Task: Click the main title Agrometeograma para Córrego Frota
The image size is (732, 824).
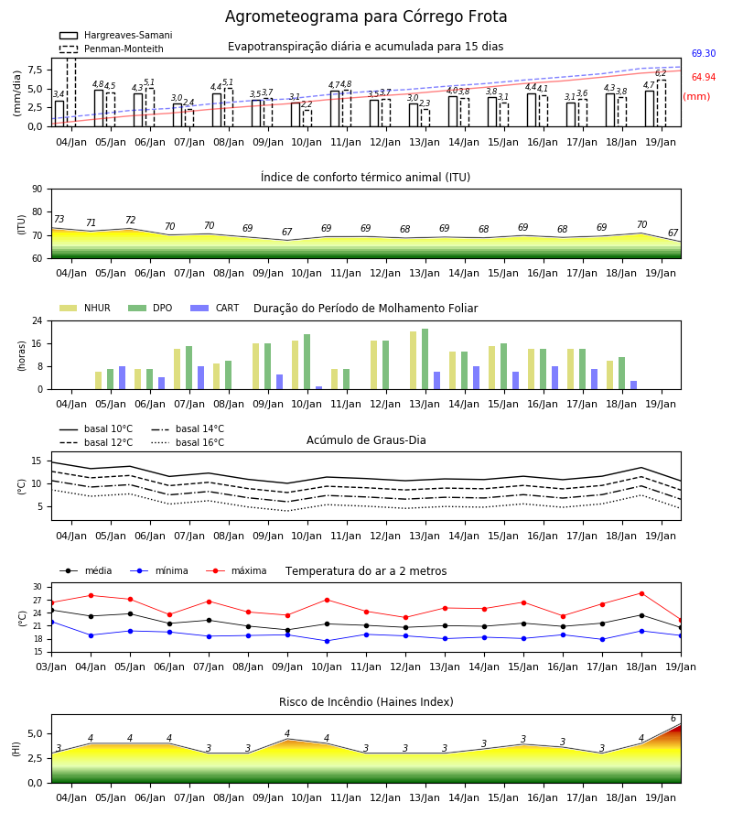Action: pyautogui.click(x=366, y=16)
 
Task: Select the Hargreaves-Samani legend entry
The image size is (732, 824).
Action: pyautogui.click(x=116, y=35)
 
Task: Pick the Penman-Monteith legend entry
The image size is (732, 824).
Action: pyautogui.click(x=112, y=49)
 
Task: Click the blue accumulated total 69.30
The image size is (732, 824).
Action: pyautogui.click(x=704, y=53)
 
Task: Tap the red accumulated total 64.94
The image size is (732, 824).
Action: pyautogui.click(x=704, y=77)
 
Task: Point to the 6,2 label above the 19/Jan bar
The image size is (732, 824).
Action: pyautogui.click(x=661, y=73)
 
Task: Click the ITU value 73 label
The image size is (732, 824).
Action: pyautogui.click(x=59, y=219)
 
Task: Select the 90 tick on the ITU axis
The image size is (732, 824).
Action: pyautogui.click(x=38, y=190)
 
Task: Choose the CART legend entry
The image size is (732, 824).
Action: pyautogui.click(x=215, y=308)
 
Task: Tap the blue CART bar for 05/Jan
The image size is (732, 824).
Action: pyautogui.click(x=123, y=378)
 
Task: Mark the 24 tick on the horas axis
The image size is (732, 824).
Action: pyautogui.click(x=38, y=320)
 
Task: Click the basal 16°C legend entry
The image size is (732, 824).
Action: pyautogui.click(x=188, y=442)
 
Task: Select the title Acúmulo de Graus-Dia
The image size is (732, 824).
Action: pyautogui.click(x=366, y=439)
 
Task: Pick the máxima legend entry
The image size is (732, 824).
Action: pyautogui.click(x=236, y=570)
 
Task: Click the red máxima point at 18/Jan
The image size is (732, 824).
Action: pyautogui.click(x=641, y=593)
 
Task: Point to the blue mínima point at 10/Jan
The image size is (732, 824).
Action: pyautogui.click(x=328, y=641)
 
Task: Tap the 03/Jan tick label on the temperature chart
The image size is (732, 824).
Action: pyautogui.click(x=51, y=667)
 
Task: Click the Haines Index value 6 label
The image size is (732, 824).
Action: pyautogui.click(x=673, y=719)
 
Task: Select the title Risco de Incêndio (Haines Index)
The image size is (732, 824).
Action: pyautogui.click(x=366, y=702)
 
